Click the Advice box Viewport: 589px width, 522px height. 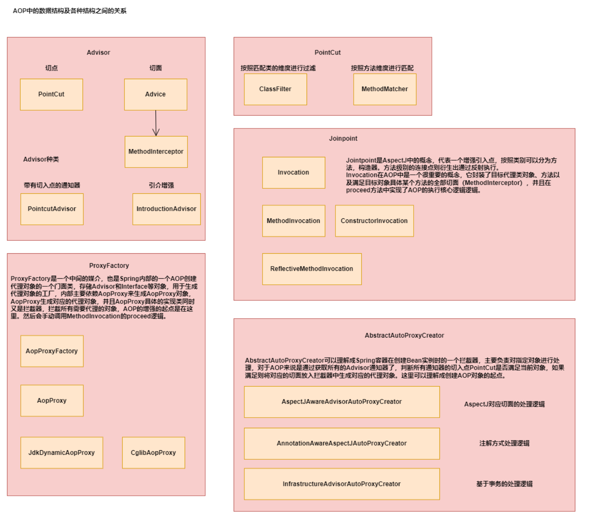(x=156, y=94)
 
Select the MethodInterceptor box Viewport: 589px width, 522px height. (x=156, y=152)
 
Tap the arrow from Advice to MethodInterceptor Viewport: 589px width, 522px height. (x=156, y=123)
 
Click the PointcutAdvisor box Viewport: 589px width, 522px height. (x=52, y=209)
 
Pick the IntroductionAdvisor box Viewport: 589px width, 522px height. (x=166, y=209)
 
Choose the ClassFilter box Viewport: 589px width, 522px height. (x=275, y=89)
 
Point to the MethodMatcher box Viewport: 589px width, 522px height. (x=385, y=89)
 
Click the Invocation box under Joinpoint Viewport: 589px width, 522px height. (x=294, y=173)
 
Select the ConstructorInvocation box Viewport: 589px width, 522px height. (x=374, y=221)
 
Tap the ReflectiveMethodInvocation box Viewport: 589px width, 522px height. (x=312, y=269)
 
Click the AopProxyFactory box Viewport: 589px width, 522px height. (x=52, y=351)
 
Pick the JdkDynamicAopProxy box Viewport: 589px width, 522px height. (x=62, y=453)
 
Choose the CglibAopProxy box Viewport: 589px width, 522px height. (x=153, y=453)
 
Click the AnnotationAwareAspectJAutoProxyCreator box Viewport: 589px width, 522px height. (x=342, y=444)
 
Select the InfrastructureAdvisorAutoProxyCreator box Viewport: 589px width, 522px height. (x=342, y=484)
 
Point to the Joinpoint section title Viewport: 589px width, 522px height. (x=343, y=139)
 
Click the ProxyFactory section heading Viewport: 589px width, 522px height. (x=109, y=266)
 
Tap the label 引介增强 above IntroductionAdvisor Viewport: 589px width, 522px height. (x=161, y=185)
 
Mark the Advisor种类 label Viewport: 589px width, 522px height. (x=41, y=159)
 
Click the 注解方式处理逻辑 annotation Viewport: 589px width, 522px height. (x=504, y=444)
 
